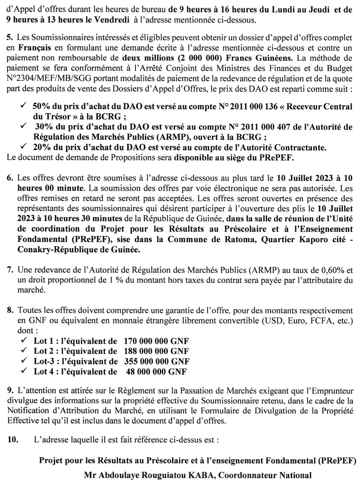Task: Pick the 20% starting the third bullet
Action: click(40, 147)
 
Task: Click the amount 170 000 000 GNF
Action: click(156, 341)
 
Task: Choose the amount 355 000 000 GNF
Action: click(157, 362)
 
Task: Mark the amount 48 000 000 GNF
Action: click(156, 372)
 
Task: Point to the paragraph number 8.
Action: click(10, 311)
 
